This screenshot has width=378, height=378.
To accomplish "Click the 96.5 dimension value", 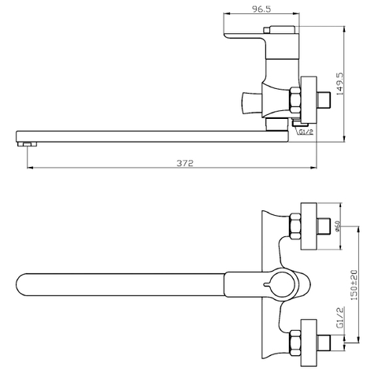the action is coord(261,9).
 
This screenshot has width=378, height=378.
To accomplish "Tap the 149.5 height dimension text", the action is coord(339,83).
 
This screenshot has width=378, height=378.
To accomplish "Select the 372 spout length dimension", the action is coord(185,163).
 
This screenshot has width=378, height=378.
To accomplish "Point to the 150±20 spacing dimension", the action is coord(354,285).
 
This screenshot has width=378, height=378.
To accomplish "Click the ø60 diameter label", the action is coord(338,226).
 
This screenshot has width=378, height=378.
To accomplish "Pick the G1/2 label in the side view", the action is coord(306,132).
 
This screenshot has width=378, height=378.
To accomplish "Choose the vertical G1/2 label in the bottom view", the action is coord(340,317).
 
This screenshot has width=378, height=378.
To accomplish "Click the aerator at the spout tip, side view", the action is coord(28,144).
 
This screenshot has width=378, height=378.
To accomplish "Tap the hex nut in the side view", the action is coord(295,101).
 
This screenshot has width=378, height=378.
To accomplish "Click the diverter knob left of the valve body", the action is coord(252,103).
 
